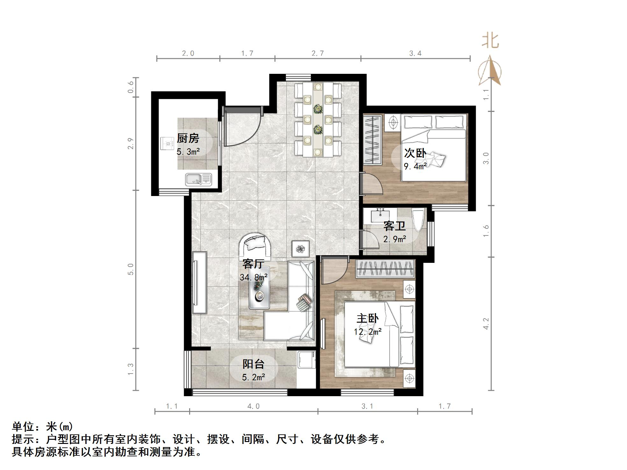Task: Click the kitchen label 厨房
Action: (x=188, y=138)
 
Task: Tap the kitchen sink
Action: (x=198, y=179)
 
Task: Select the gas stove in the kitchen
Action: (x=167, y=143)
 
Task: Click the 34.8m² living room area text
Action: (x=253, y=277)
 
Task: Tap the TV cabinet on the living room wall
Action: (x=199, y=283)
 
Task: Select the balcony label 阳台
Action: (x=253, y=364)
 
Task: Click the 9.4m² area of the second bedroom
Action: (x=415, y=166)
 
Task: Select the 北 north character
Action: (x=490, y=41)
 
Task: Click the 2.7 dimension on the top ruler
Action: (x=317, y=53)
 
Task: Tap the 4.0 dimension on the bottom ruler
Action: (x=253, y=406)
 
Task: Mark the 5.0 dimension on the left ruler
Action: (x=131, y=269)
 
